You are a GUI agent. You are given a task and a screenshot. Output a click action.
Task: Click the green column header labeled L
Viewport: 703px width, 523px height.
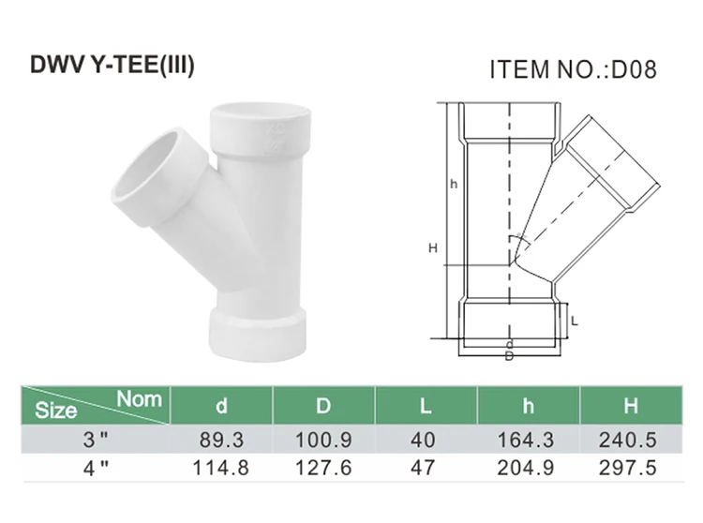click(426, 407)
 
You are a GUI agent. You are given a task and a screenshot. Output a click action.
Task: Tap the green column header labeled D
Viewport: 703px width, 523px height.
click(323, 407)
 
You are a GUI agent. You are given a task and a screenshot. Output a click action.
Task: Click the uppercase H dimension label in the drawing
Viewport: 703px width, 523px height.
click(432, 247)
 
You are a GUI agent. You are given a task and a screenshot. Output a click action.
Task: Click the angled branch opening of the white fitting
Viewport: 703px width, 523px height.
click(147, 163)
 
